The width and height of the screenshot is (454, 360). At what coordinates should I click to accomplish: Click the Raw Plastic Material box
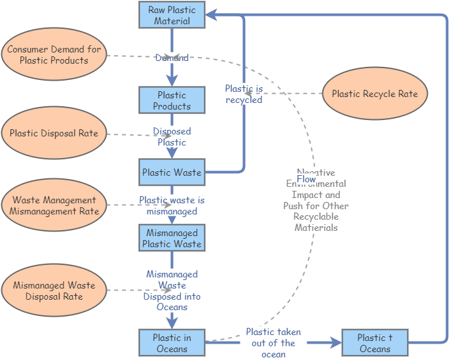click(x=172, y=15)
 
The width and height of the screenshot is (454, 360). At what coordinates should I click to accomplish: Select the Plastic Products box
click(x=172, y=100)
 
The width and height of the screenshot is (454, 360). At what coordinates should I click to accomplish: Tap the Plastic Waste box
click(x=172, y=172)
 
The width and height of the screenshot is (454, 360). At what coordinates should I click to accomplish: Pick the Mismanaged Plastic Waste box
click(x=172, y=238)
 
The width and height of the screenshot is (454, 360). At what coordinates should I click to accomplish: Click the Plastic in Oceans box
click(x=172, y=343)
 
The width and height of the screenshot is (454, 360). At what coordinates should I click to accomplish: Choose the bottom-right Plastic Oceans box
click(x=375, y=343)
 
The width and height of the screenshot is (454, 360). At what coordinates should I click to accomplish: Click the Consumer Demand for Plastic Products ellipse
click(x=54, y=55)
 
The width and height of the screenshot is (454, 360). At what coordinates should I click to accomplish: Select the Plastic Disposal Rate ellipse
click(x=54, y=133)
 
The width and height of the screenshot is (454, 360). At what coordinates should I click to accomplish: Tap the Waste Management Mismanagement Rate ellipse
click(x=54, y=205)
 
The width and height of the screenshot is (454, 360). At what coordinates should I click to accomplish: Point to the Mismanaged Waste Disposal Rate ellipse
click(x=54, y=290)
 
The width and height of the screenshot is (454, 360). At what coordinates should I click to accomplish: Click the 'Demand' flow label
click(x=172, y=58)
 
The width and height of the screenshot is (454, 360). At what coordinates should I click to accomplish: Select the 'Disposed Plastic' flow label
click(x=172, y=137)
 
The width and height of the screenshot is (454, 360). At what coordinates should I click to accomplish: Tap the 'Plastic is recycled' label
click(x=244, y=94)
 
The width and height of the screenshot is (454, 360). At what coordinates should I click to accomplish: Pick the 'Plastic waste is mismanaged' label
click(x=172, y=206)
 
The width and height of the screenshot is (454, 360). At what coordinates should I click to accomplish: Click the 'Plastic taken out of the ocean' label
click(x=274, y=343)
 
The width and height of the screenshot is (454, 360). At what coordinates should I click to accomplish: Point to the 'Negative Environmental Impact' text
click(x=316, y=200)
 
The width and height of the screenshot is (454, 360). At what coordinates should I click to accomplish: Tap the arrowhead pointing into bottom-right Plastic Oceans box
click(x=337, y=342)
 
